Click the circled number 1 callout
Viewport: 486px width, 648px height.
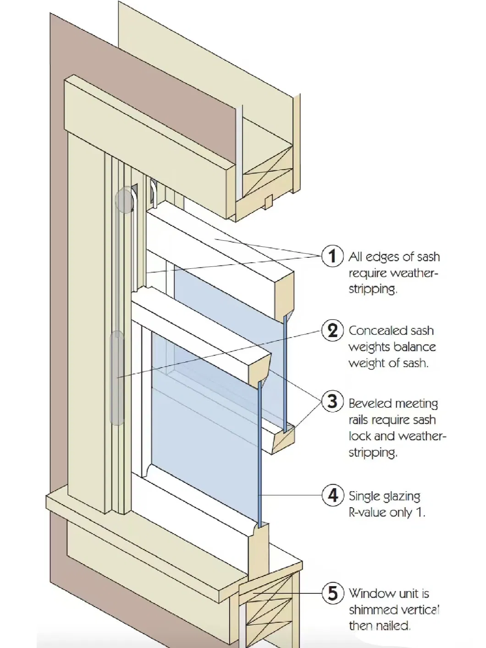tap(332, 255)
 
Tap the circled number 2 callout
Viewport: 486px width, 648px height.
tap(332, 330)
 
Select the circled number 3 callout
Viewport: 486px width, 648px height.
tap(332, 401)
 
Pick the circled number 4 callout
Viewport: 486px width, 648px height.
tap(332, 495)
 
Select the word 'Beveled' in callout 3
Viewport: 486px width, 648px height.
tap(370, 404)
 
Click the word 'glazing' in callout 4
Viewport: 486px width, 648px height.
tap(402, 497)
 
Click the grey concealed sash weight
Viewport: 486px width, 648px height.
tap(117, 376)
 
